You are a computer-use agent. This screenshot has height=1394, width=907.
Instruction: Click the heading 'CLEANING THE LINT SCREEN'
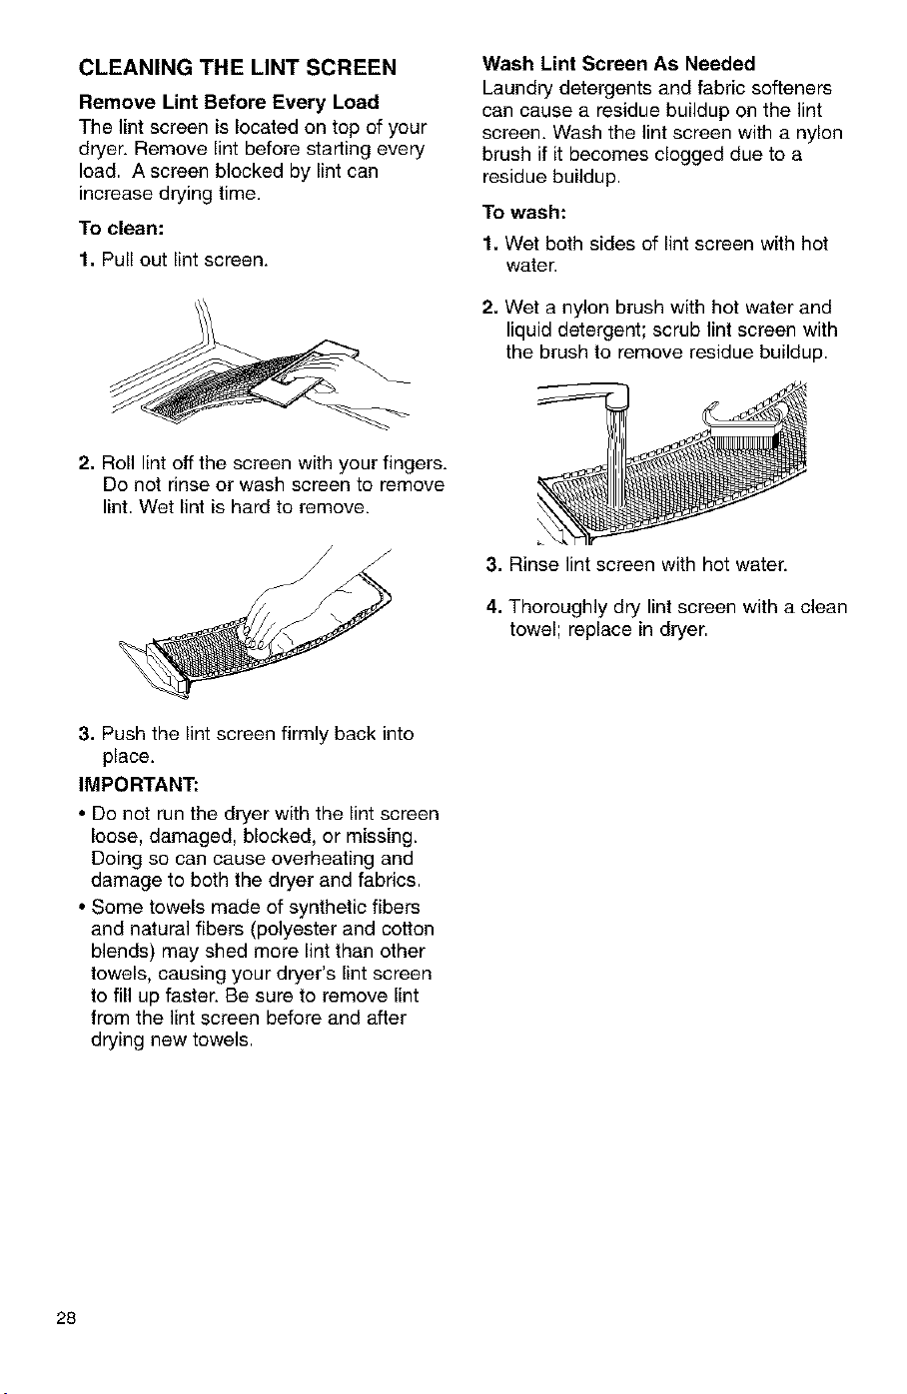coord(237,67)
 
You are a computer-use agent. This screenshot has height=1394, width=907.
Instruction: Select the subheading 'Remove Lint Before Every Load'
coord(229,102)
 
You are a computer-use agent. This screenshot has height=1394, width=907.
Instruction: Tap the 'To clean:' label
coord(121,229)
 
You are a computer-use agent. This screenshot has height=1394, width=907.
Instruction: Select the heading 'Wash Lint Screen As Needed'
coord(618,64)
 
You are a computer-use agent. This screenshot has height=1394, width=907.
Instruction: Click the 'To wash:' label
coord(523,213)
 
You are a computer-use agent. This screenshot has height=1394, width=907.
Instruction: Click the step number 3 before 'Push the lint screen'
coord(85,734)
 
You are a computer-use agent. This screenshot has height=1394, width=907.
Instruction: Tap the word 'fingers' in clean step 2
coord(409,464)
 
